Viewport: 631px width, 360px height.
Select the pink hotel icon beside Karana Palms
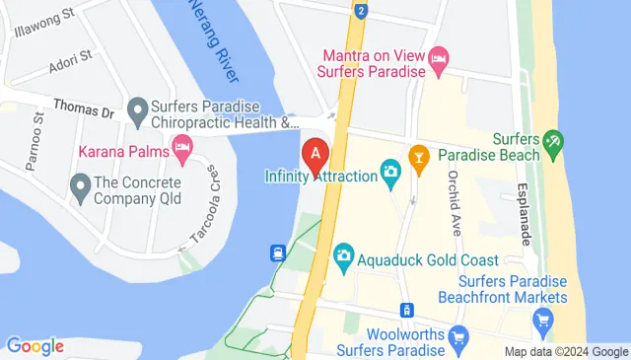pyautogui.click(x=181, y=149)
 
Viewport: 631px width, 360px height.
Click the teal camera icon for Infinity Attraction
pyautogui.click(x=391, y=176)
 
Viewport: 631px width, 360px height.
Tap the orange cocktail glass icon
pyautogui.click(x=419, y=155)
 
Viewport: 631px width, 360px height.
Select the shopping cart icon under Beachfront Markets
pyautogui.click(x=541, y=319)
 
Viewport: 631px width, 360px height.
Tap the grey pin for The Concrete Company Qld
pyautogui.click(x=79, y=183)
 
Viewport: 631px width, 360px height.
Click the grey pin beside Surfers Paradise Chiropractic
pyautogui.click(x=137, y=106)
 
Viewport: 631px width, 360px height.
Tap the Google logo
pyautogui.click(x=35, y=346)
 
